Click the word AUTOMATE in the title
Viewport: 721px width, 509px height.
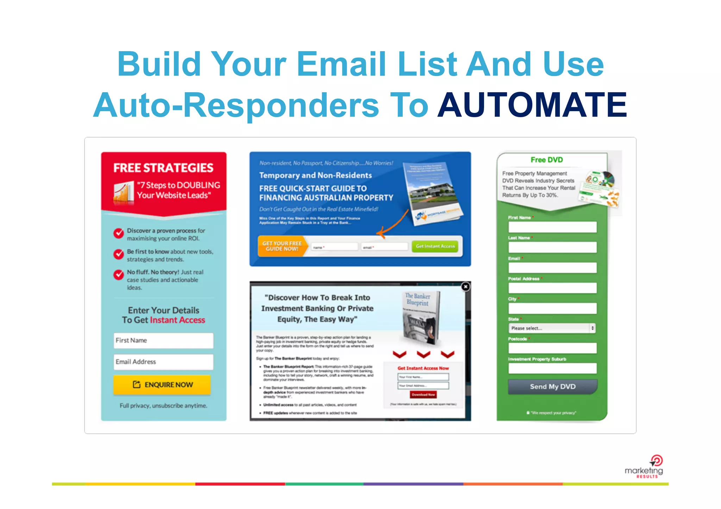coord(532,105)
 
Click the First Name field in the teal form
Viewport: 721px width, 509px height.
coord(163,341)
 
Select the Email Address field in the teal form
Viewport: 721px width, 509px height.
coord(163,362)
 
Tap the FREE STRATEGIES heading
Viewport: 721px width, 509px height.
coord(163,168)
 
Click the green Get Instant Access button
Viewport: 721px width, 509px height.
coord(435,246)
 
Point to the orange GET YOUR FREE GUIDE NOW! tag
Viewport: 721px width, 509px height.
coord(282,246)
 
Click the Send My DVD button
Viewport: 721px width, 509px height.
coord(552,387)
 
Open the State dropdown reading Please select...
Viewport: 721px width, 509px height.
coord(552,328)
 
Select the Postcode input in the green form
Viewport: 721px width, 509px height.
coord(552,348)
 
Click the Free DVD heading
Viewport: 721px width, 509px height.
coord(547,160)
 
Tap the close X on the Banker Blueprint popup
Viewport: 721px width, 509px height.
coord(465,287)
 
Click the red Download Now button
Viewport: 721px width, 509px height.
coord(423,395)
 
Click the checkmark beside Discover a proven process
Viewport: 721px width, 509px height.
coord(119,233)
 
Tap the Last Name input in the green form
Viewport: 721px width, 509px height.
coord(552,247)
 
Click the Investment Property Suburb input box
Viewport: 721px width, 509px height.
coord(552,368)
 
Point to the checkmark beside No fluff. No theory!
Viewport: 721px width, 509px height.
coord(119,275)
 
